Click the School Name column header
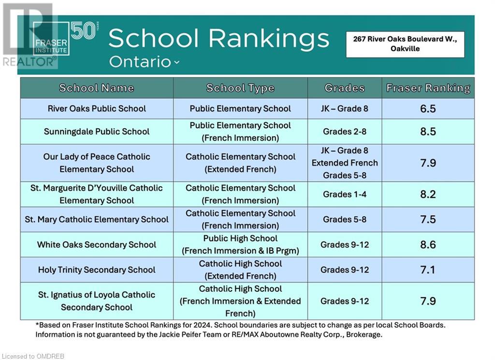coord(97,88)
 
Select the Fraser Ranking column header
coord(428,88)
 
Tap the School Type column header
coord(240,88)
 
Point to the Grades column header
coord(345,88)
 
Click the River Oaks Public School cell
coord(97,108)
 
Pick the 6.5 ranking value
coord(428,108)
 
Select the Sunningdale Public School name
coord(97,132)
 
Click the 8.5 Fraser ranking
coord(428,132)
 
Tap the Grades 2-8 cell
coord(345,132)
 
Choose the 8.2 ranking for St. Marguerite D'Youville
coord(428,195)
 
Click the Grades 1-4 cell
coord(345,195)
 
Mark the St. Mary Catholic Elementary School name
coord(97,220)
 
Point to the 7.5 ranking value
coord(428,220)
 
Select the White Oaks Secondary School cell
coord(97,245)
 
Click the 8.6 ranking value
coord(428,245)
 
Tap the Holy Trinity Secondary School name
coord(97,270)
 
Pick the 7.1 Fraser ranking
coord(428,270)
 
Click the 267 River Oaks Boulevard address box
coord(405,44)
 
